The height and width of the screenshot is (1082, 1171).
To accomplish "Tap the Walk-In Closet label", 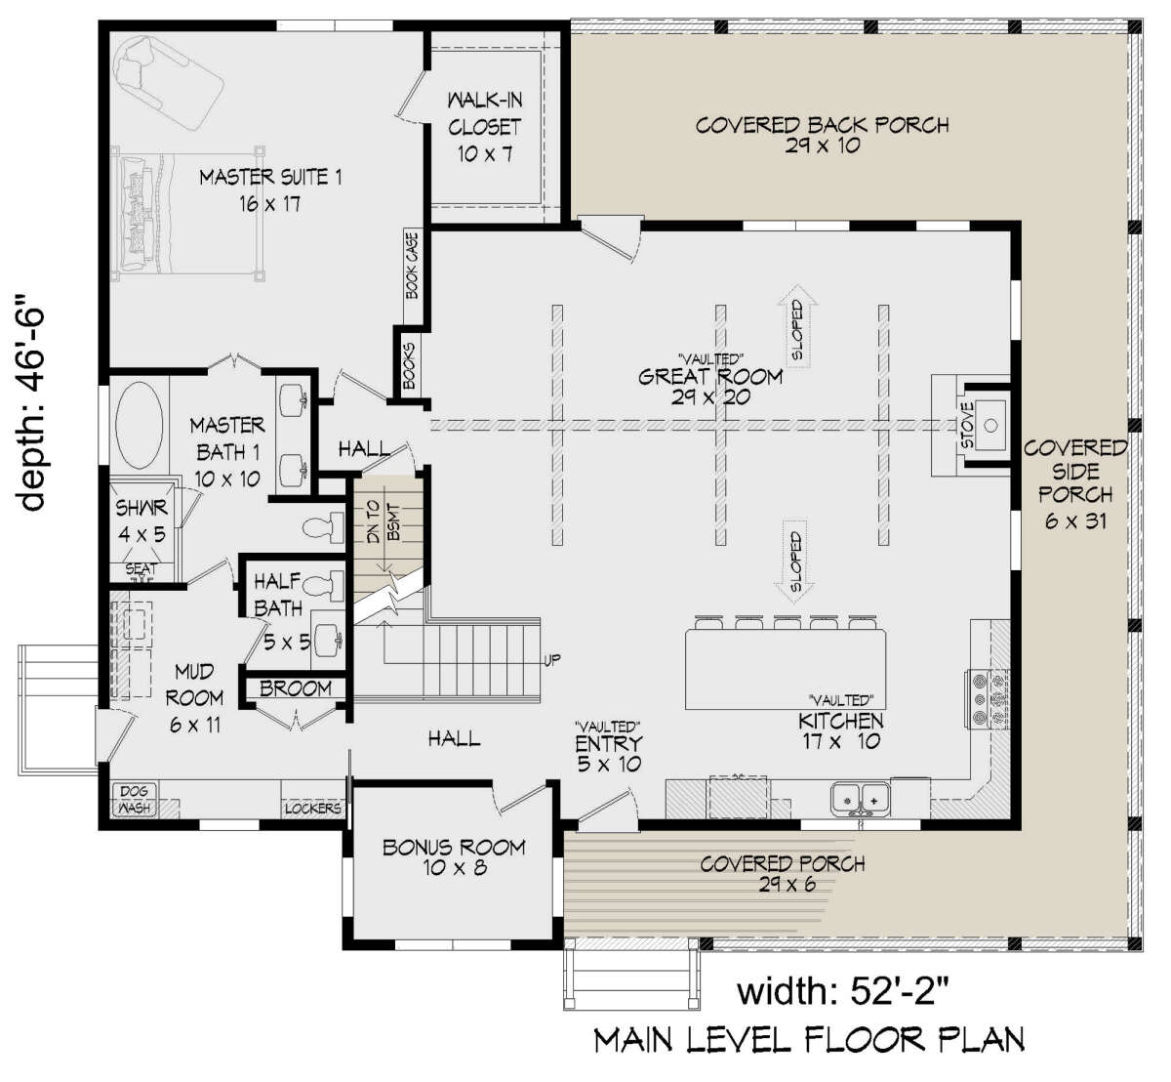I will coord(484,127).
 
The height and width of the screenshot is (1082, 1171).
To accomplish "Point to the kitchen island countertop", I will coord(787,669).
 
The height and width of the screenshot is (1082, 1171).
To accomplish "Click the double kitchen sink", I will coord(861,798).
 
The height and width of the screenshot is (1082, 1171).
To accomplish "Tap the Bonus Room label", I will coord(453,856).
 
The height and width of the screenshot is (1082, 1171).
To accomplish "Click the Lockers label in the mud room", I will coord(312,809).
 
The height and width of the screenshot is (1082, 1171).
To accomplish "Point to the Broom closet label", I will coord(295,689).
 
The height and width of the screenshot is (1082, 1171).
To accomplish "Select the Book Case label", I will coord(412,264).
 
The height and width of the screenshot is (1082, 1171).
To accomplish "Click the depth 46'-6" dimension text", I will coord(33,405).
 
